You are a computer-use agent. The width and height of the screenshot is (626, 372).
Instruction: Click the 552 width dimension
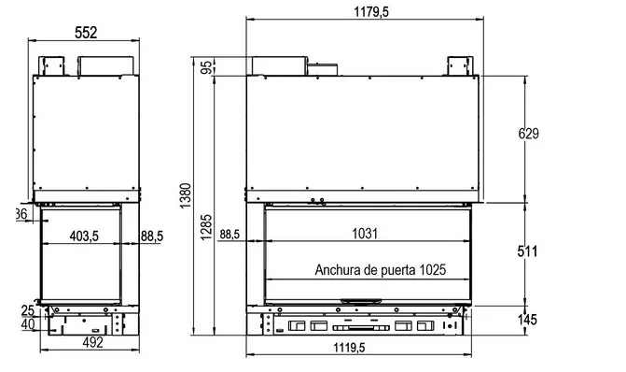(x=86, y=33)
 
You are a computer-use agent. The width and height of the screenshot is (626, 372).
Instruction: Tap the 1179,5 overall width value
(x=371, y=11)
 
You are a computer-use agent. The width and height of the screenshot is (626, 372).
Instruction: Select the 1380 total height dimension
(x=186, y=195)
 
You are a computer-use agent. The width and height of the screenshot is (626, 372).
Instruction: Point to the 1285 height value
(x=206, y=228)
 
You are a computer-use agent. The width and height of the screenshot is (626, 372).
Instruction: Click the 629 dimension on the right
(x=528, y=134)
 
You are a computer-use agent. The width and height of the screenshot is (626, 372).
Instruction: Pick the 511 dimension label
(x=527, y=251)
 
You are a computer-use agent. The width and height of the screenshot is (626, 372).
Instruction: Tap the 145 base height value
(x=527, y=320)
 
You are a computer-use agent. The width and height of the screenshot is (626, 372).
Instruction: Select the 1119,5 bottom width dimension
(x=349, y=348)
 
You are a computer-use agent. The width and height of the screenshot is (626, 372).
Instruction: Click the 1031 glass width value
(x=365, y=233)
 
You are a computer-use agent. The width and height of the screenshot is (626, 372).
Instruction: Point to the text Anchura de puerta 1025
(x=380, y=269)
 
